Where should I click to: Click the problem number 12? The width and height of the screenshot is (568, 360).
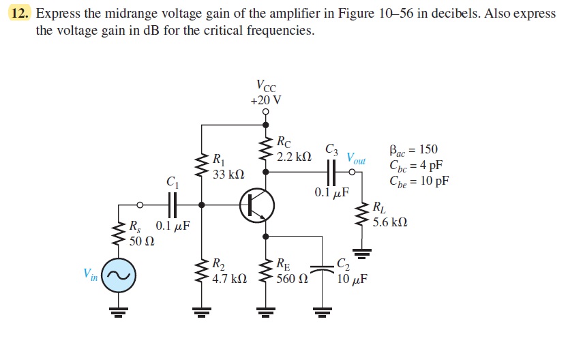coord(23,14)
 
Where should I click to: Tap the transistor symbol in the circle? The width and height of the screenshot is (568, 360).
coord(257,205)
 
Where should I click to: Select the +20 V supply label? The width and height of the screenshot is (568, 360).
coord(265,100)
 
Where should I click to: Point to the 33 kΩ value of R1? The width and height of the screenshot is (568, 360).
coord(228,175)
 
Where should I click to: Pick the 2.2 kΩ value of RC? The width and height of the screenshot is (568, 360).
coord(295,156)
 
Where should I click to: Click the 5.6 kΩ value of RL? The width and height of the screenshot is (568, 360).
coord(390,222)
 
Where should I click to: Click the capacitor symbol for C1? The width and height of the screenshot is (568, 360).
coord(172,204)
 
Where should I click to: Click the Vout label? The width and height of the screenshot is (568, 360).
coord(357,160)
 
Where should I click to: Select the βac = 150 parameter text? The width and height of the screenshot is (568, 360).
coord(413,150)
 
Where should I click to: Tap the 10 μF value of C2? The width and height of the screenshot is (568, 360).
coord(353,280)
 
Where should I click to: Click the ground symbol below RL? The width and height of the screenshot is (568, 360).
coord(363,254)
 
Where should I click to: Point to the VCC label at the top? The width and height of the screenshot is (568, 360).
coord(266,86)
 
